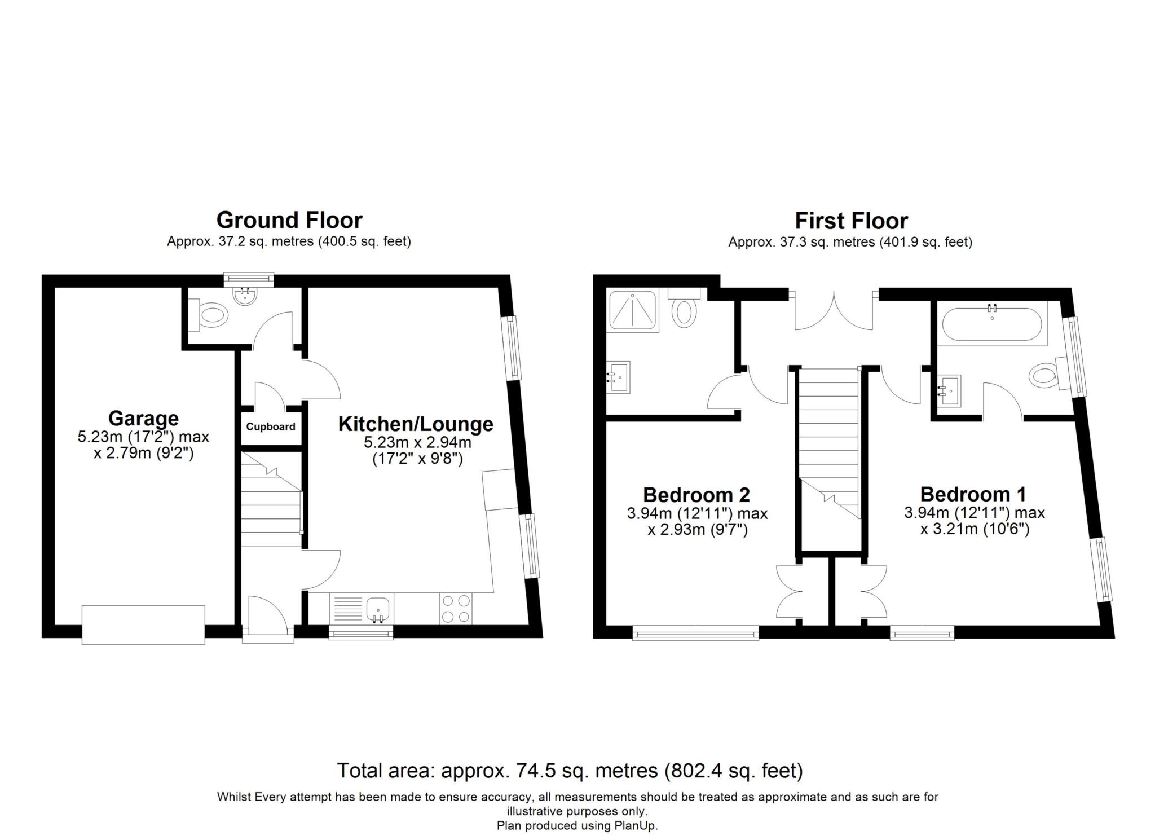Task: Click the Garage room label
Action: tap(143, 419)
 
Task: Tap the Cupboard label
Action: tap(270, 426)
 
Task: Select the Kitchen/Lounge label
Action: tap(416, 424)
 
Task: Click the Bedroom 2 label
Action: tap(696, 495)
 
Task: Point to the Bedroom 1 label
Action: tap(973, 494)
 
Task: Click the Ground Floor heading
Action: tap(289, 219)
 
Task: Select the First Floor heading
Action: tap(851, 221)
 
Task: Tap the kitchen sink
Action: tap(377, 610)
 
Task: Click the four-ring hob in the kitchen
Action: tap(456, 609)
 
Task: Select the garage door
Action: tap(143, 624)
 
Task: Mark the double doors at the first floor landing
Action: tap(834, 312)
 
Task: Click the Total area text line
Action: tap(570, 771)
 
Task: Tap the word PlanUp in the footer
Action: tap(637, 826)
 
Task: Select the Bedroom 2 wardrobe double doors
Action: tap(788, 591)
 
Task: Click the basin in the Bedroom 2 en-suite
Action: tap(619, 377)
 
